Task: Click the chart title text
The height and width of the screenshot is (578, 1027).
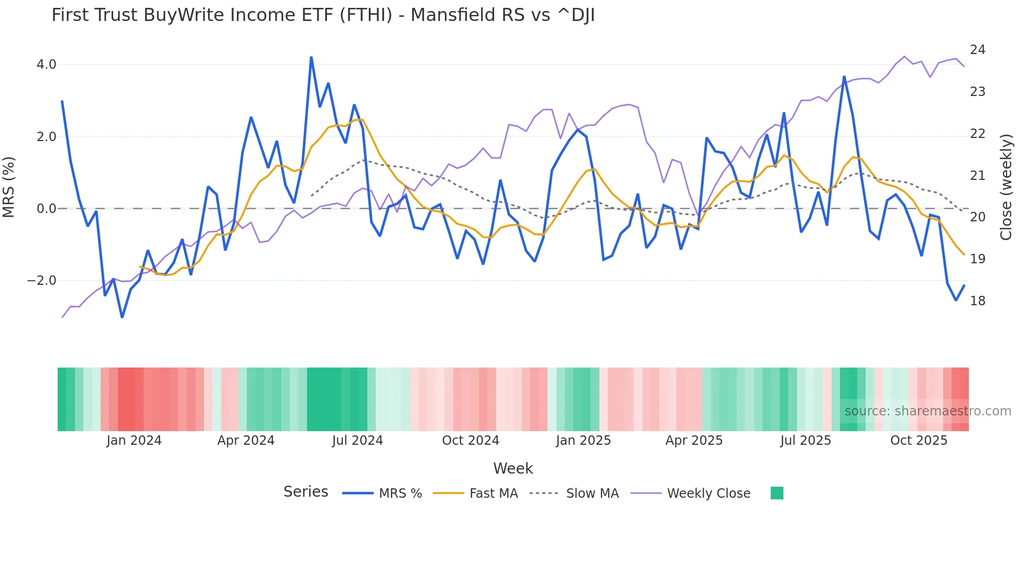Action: coord(323,15)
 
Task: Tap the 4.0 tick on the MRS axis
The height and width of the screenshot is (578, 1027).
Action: coord(46,65)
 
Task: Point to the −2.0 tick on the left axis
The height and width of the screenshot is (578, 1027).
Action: coord(42,281)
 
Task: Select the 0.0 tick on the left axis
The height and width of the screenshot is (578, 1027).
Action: coord(46,209)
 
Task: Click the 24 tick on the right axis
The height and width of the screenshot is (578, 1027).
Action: coord(978,50)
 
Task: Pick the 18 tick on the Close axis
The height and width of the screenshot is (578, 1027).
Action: coord(978,301)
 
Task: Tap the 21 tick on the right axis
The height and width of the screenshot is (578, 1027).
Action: coord(978,176)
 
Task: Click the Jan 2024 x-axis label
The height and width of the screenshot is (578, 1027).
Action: coord(134,441)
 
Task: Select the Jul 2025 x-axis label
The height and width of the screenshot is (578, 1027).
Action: coord(805,441)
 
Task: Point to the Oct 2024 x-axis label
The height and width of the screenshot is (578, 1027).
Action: coord(471,441)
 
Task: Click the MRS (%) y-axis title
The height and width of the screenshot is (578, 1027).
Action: coord(9,187)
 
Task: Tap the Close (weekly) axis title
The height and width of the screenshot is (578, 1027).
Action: coord(1006,187)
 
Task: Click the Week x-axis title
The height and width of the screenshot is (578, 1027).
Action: coord(513,468)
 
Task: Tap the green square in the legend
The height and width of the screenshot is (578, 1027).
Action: coord(777,493)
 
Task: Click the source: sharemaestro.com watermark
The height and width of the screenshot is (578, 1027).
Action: coord(927,411)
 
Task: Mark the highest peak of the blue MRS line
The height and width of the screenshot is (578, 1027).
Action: coord(311,57)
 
